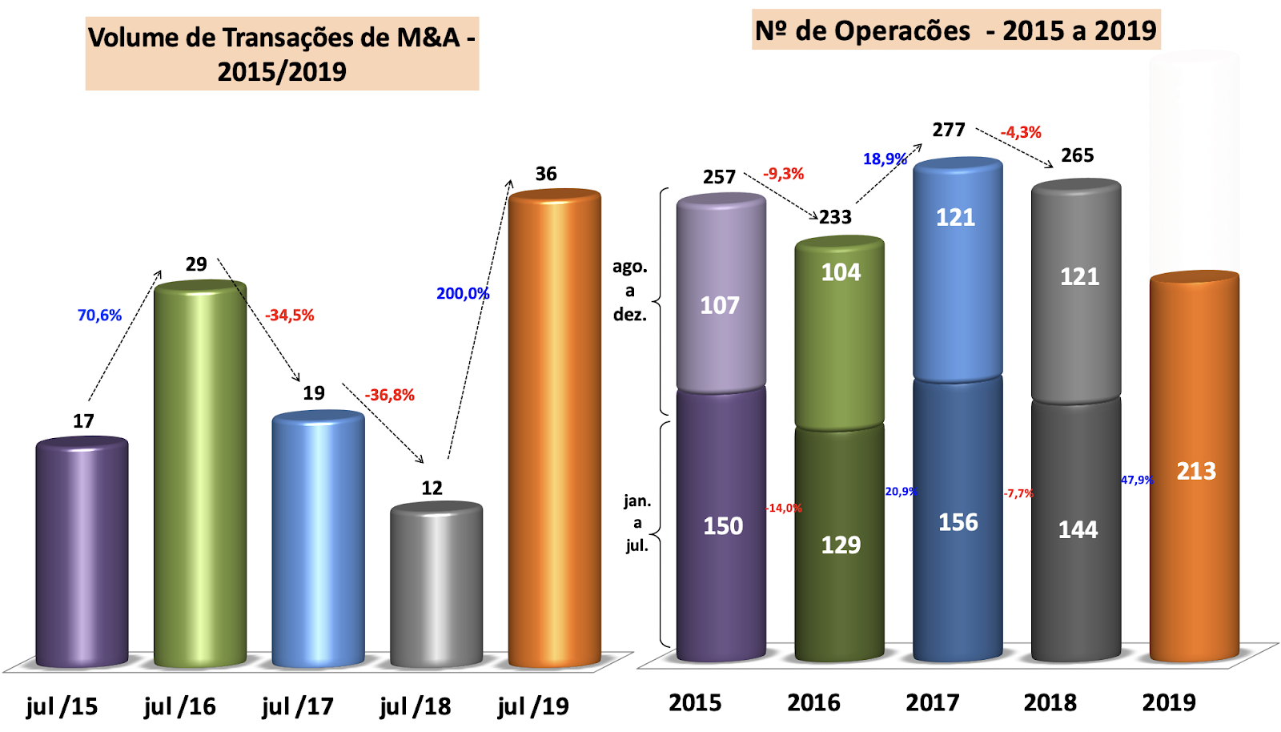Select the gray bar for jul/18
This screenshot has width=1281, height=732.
pos(436,585)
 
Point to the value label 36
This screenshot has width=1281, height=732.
pos(546,174)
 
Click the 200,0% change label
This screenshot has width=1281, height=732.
pos(463,294)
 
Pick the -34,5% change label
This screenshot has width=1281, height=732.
pos(290,316)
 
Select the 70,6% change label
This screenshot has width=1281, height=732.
pos(99,316)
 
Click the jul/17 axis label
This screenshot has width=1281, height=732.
pos(298,706)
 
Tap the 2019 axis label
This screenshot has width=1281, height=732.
pos(1169,703)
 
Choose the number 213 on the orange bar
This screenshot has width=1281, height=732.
pos(1196,471)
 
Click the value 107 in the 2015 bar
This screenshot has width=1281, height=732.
pos(720,305)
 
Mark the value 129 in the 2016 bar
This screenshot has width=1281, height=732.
pos(841,545)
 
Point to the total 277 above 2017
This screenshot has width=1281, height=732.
pos(949,130)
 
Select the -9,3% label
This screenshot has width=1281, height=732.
pos(783,174)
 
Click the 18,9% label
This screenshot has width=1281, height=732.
pos(885,159)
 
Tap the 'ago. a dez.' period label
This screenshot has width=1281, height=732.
pos(630,291)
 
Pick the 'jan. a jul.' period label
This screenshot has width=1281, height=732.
pos(637,523)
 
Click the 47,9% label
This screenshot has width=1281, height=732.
pos(1137,480)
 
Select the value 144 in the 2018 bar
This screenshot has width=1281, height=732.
pos(1078,529)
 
